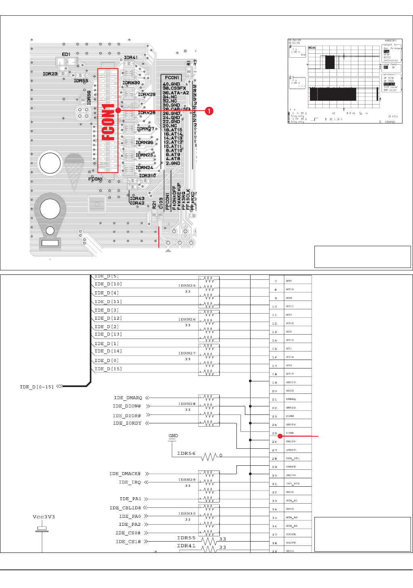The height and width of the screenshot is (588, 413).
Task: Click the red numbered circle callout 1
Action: coord(209,111)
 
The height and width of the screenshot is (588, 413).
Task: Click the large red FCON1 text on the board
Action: coord(108,121)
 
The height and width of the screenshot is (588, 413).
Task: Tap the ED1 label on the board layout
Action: coord(66,54)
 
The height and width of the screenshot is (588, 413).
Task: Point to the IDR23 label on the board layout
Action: coord(50,74)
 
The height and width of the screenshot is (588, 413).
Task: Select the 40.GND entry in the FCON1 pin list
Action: coord(171,84)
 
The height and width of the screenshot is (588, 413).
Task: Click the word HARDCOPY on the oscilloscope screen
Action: coord(390,41)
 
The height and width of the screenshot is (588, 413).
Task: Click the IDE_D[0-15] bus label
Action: coord(36,387)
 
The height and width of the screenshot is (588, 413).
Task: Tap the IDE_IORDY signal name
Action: coord(127,423)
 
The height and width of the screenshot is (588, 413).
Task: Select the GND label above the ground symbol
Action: coord(173,436)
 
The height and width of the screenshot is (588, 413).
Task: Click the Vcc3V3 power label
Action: coord(44,517)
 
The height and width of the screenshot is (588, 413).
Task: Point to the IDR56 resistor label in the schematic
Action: coord(186,454)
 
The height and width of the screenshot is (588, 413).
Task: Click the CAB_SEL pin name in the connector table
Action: coord(293,458)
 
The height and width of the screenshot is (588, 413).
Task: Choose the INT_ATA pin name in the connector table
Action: coord(293,483)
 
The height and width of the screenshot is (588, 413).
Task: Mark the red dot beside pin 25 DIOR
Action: coord(280,436)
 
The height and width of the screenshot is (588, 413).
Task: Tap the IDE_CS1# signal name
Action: coord(128,542)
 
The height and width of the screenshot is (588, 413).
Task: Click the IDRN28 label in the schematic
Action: coord(187,404)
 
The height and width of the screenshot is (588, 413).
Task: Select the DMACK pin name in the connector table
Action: coord(291,467)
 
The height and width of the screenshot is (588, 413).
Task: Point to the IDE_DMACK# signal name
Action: coord(125,474)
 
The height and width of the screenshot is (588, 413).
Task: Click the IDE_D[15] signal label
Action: coord(108,369)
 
